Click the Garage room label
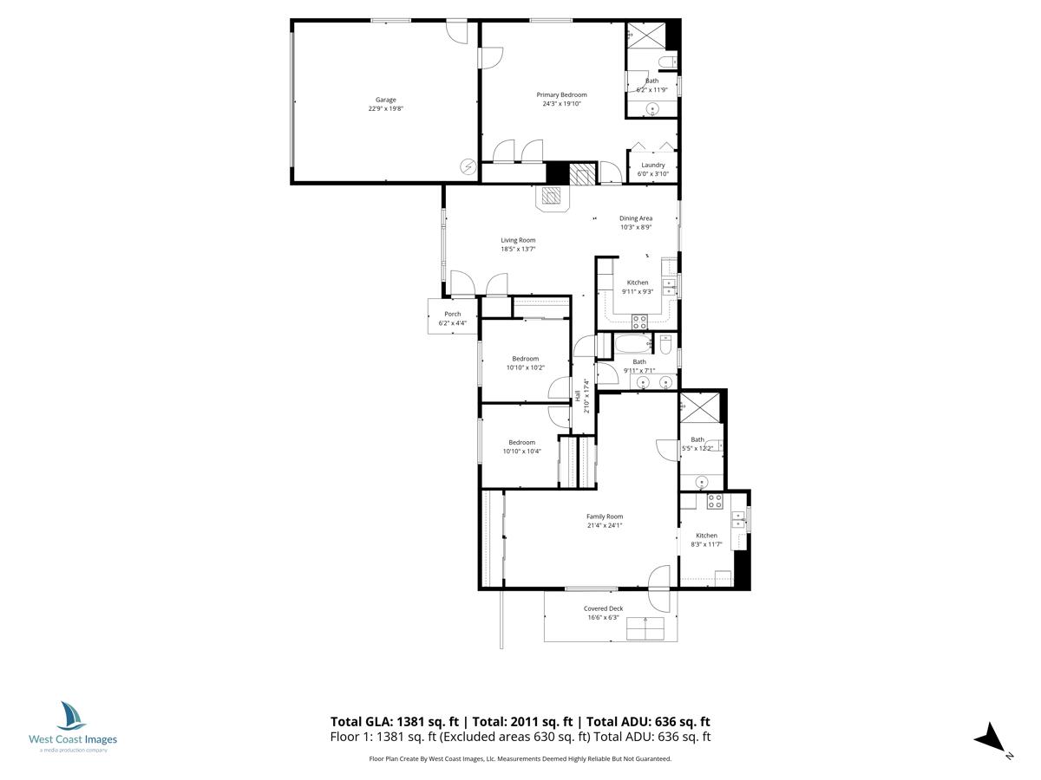pyautogui.click(x=385, y=100)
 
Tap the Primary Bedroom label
pyautogui.click(x=561, y=94)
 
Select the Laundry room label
pyautogui.click(x=653, y=165)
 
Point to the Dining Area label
pyautogui.click(x=636, y=218)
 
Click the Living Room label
pyautogui.click(x=518, y=240)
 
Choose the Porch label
pyautogui.click(x=452, y=314)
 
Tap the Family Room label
pyautogui.click(x=605, y=517)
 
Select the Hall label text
pyautogui.click(x=578, y=396)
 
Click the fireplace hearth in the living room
pyautogui.click(x=552, y=197)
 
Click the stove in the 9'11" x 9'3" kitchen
pyautogui.click(x=639, y=321)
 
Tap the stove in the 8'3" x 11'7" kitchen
pyautogui.click(x=714, y=500)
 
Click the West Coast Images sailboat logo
pyautogui.click(x=72, y=717)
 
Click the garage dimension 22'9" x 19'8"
pyautogui.click(x=385, y=109)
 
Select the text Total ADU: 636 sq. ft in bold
pyautogui.click(x=649, y=721)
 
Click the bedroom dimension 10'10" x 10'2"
pyautogui.click(x=525, y=367)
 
